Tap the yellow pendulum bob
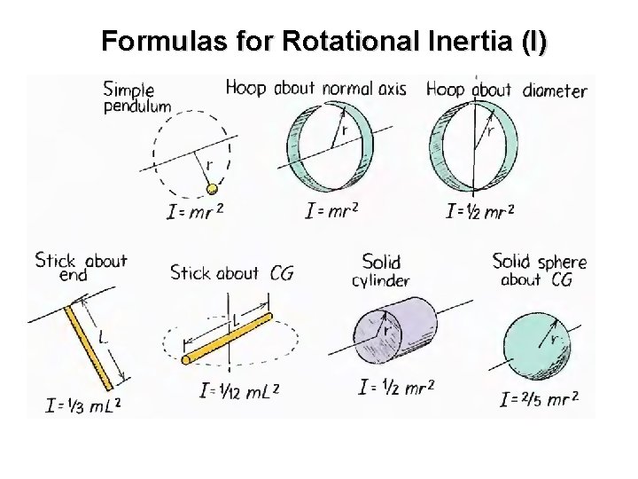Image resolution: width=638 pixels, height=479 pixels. [x=212, y=189]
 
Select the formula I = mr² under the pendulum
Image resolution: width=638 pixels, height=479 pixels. [x=195, y=211]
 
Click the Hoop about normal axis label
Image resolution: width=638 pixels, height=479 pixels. [x=316, y=88]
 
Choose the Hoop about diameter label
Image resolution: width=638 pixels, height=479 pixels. [x=506, y=90]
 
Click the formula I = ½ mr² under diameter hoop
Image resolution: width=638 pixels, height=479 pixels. [x=480, y=211]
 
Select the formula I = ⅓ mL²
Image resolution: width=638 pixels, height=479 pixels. [x=84, y=406]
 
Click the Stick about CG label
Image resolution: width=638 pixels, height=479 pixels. [x=231, y=273]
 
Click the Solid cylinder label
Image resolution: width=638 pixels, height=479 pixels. [x=381, y=271]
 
